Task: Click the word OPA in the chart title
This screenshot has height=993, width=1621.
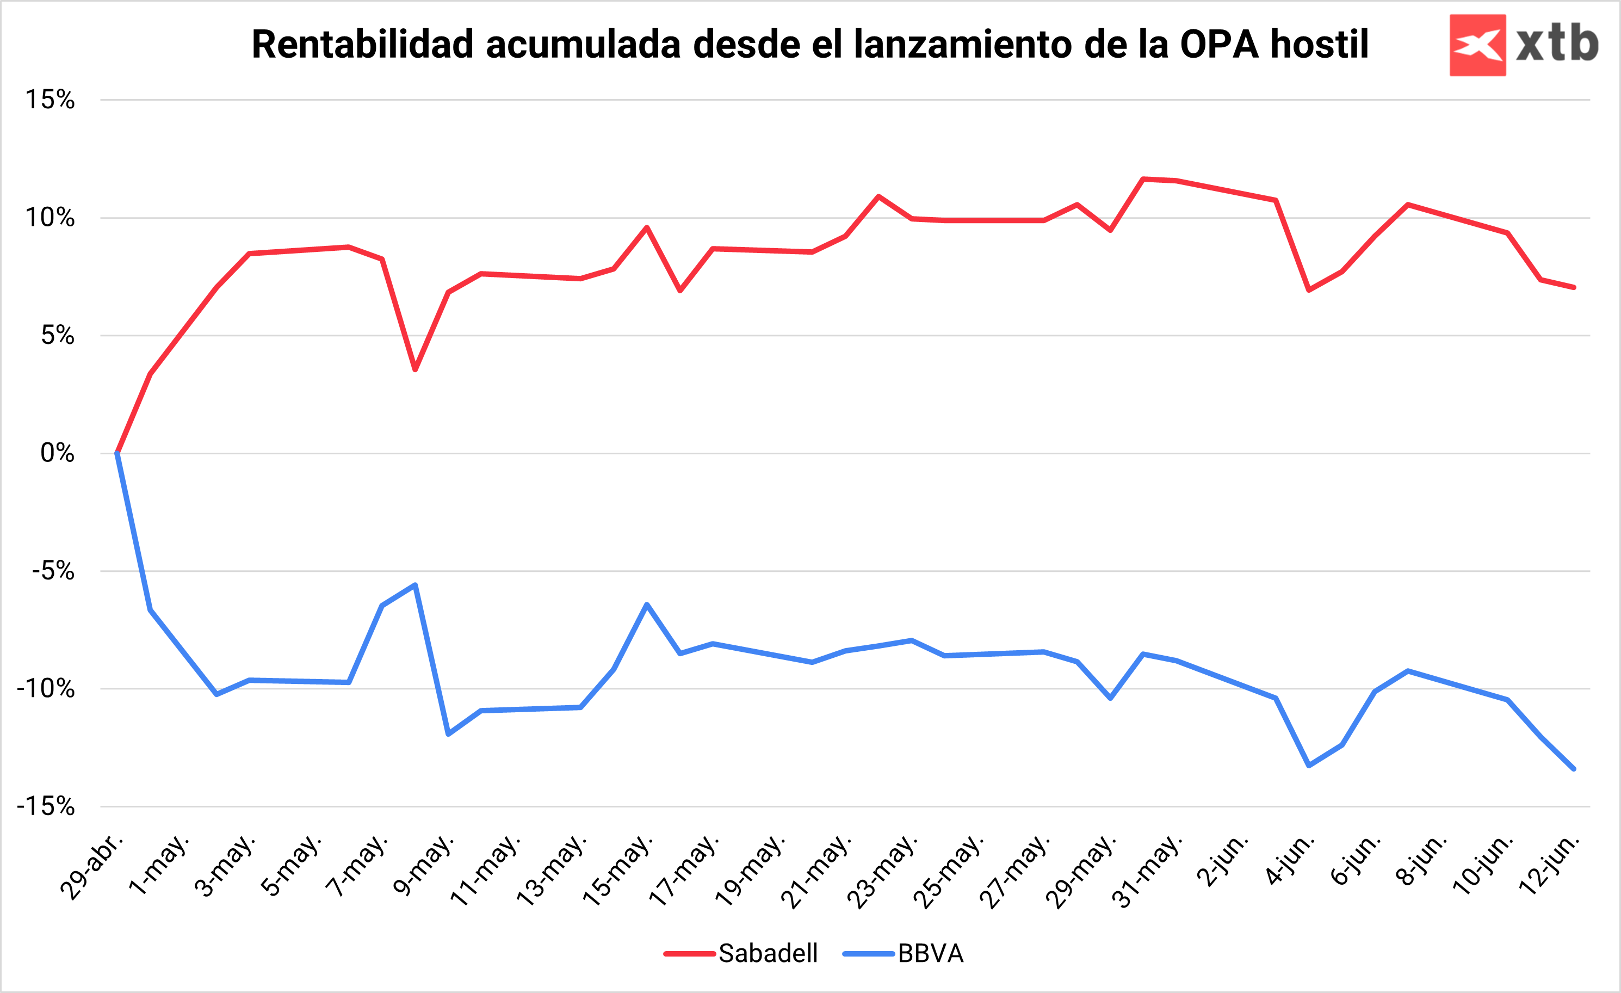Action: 1219,45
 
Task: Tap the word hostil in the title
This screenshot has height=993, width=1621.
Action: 1319,45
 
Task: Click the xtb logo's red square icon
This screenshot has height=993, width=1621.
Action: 1477,45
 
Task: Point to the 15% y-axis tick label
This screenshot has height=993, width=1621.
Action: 50,100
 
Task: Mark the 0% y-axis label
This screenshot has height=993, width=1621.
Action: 57,453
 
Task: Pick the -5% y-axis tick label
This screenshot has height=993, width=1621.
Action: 53,571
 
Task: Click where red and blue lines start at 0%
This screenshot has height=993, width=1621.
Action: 117,453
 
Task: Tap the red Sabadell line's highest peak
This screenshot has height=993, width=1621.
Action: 1143,179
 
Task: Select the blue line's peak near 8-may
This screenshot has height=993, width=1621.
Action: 415,585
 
